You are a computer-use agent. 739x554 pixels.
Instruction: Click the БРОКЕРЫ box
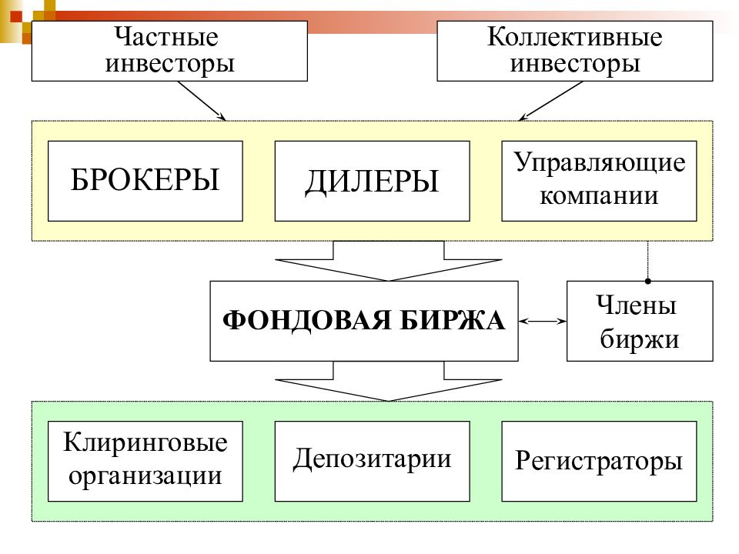click(x=145, y=181)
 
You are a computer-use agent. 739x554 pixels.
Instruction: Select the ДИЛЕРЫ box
click(x=373, y=181)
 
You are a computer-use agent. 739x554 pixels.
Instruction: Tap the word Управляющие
click(x=600, y=163)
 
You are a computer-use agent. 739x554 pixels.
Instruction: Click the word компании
click(x=599, y=195)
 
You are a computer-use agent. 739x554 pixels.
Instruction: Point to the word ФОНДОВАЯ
click(x=307, y=321)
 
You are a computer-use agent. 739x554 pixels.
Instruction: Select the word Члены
click(x=637, y=305)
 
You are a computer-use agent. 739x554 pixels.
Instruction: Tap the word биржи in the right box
click(x=640, y=339)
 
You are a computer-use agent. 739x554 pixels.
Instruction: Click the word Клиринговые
click(x=145, y=443)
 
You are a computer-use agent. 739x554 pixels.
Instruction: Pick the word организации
click(x=145, y=476)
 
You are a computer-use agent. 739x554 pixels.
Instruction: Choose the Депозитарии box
click(x=373, y=461)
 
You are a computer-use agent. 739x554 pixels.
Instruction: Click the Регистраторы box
click(x=599, y=461)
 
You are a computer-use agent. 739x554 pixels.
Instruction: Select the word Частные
click(x=166, y=37)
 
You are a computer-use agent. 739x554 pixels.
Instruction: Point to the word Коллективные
click(x=574, y=37)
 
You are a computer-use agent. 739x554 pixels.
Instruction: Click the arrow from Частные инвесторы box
click(x=202, y=101)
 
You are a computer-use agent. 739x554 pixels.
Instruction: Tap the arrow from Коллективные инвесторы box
click(x=550, y=101)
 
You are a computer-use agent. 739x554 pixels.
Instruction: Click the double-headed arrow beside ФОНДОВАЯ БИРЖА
click(x=543, y=322)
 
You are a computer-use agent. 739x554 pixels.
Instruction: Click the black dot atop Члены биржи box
click(x=648, y=282)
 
